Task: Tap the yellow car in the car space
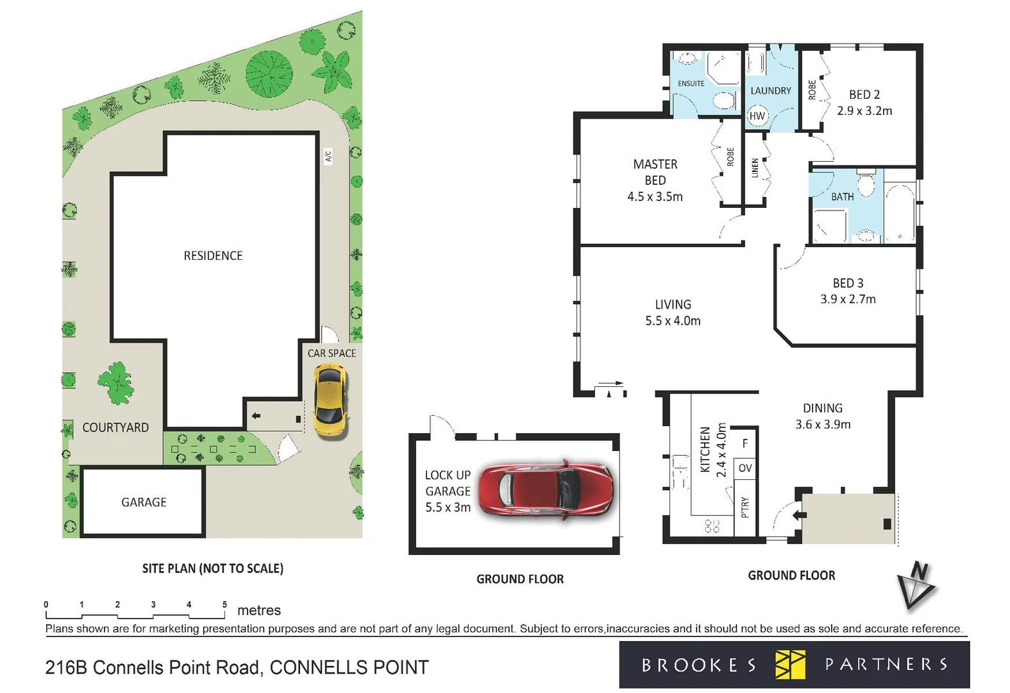click(x=330, y=400)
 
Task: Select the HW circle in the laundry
click(x=757, y=116)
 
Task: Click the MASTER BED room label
click(x=655, y=172)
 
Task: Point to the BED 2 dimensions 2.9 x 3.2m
click(x=864, y=111)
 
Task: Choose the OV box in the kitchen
click(x=745, y=468)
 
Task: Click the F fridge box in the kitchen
click(x=745, y=443)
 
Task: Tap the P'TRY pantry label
click(x=745, y=507)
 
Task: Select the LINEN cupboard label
click(x=755, y=168)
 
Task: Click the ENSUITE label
click(x=691, y=83)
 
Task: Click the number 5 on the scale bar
click(x=224, y=604)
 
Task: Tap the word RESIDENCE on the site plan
click(x=213, y=255)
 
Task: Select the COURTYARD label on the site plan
click(x=115, y=427)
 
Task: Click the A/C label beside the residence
click(x=328, y=156)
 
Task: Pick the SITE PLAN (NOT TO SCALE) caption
click(x=212, y=569)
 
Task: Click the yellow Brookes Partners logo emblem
click(x=789, y=664)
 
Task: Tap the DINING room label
click(x=822, y=408)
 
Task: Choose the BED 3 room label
click(x=848, y=283)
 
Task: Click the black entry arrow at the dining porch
click(x=798, y=515)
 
